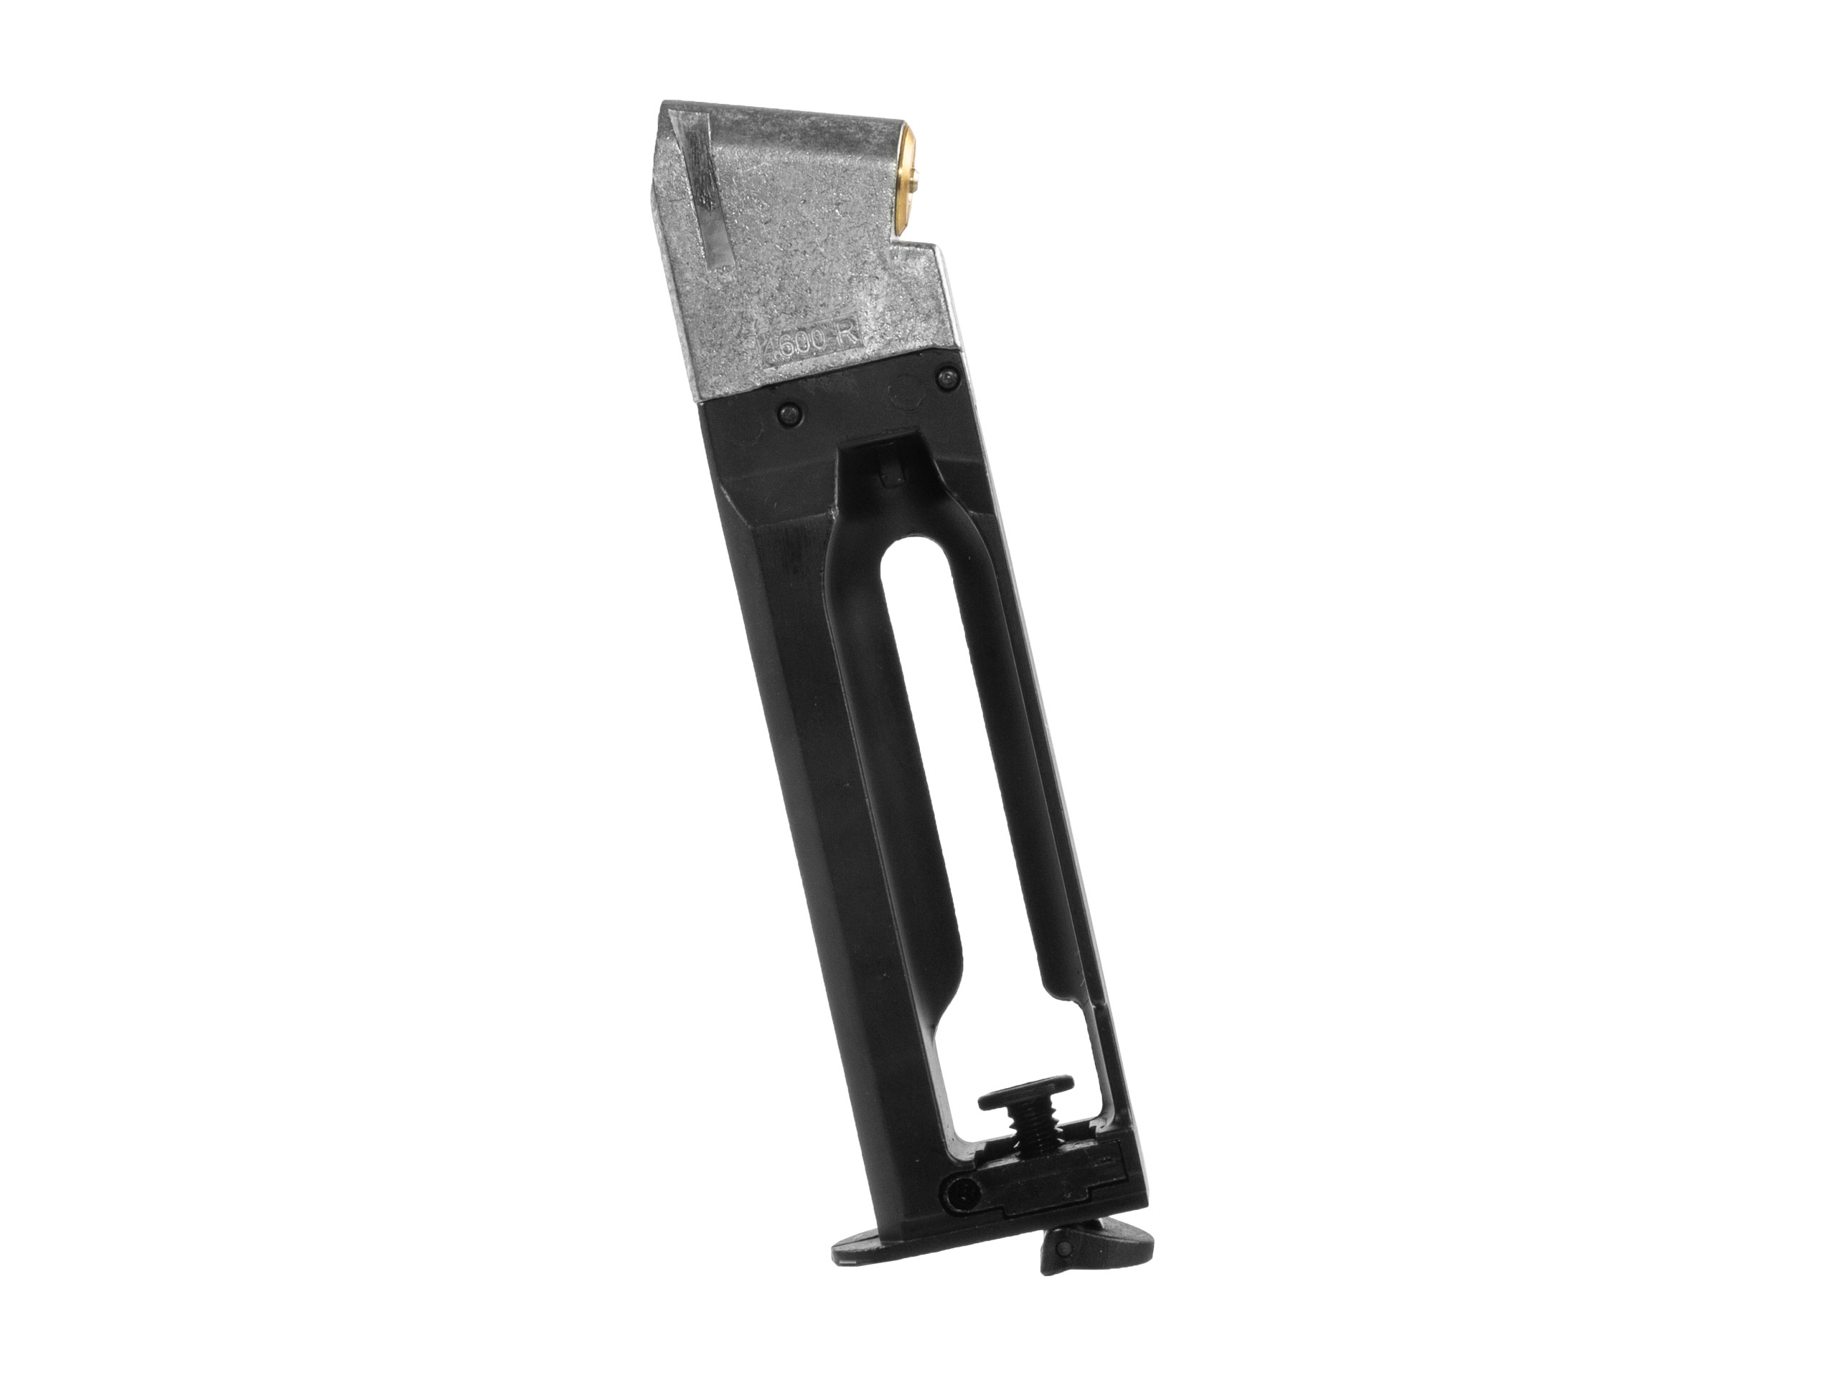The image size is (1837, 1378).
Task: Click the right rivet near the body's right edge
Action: (x=943, y=379)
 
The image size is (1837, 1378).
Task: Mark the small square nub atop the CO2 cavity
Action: (x=889, y=475)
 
